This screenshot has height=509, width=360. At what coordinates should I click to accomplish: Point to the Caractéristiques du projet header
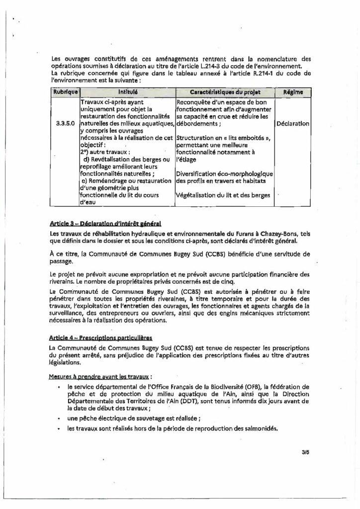click(224, 92)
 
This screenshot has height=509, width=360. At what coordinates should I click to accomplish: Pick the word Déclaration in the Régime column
click(293, 123)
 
